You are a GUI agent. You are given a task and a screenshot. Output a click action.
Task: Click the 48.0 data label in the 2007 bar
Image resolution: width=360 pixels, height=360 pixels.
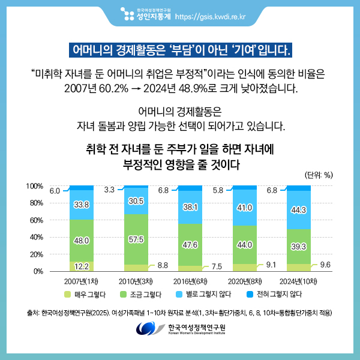click(82, 241)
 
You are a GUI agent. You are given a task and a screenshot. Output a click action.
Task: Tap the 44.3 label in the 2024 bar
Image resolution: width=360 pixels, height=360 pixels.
click(299, 210)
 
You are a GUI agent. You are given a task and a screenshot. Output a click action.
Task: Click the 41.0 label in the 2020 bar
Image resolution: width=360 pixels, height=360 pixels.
click(244, 208)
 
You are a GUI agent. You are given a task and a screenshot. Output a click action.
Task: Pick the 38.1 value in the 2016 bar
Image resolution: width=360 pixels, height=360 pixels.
click(190, 207)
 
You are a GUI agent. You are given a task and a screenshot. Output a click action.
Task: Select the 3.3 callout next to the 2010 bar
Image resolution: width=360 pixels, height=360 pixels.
click(109, 190)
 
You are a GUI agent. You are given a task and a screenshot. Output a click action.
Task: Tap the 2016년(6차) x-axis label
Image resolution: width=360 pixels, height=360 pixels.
click(190, 281)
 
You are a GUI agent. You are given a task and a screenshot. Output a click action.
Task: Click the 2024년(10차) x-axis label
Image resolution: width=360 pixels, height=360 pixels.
click(299, 281)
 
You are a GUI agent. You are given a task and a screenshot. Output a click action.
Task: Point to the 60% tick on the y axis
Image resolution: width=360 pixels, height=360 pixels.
click(35, 220)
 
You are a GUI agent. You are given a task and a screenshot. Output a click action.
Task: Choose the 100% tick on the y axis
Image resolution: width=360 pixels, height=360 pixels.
click(34, 186)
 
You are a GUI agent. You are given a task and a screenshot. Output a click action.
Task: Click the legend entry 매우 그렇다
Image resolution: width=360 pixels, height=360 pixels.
click(85, 295)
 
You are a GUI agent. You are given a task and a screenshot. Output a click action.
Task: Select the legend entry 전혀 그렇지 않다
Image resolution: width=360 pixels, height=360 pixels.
click(274, 295)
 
